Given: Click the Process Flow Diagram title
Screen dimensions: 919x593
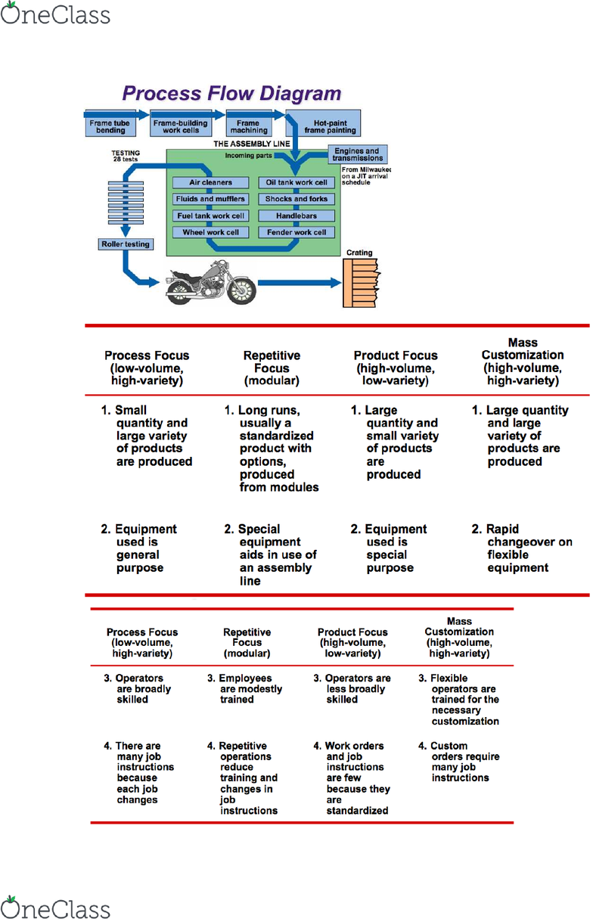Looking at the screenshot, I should coord(231,94).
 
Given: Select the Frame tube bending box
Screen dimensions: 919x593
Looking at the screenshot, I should coord(107,126).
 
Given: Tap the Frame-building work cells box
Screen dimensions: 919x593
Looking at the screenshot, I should coord(176,126).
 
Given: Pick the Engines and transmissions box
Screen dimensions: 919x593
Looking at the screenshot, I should coord(357,155).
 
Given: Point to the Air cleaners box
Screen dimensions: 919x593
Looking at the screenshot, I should coord(210,182).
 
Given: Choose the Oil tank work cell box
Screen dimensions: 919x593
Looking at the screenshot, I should coord(296,182).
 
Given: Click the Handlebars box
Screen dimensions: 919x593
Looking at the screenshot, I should coord(296,216).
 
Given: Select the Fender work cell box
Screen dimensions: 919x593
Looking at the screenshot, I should coord(296,232).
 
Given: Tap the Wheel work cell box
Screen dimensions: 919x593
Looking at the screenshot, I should coord(210,232).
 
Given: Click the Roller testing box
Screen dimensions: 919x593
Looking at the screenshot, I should coord(126,244).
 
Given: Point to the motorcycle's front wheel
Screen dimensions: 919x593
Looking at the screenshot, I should coord(241,288).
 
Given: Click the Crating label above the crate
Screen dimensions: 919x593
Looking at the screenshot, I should coord(359,253).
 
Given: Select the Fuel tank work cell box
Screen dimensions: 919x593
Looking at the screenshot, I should coord(210,216).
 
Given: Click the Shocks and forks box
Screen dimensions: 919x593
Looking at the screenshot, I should coord(296,199).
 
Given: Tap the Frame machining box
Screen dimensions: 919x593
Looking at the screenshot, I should coord(248,126).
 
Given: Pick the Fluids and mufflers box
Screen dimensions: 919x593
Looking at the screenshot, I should coord(210,199).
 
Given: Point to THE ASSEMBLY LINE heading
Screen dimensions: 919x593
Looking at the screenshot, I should coord(247,143).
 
